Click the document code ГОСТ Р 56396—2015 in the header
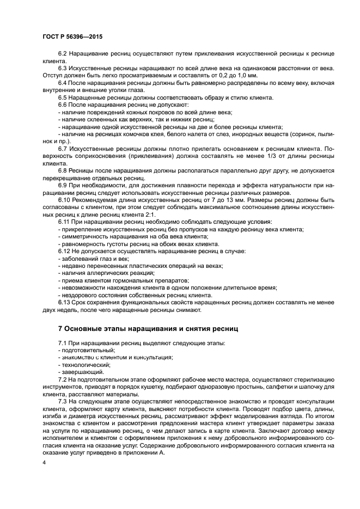click(72, 36)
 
